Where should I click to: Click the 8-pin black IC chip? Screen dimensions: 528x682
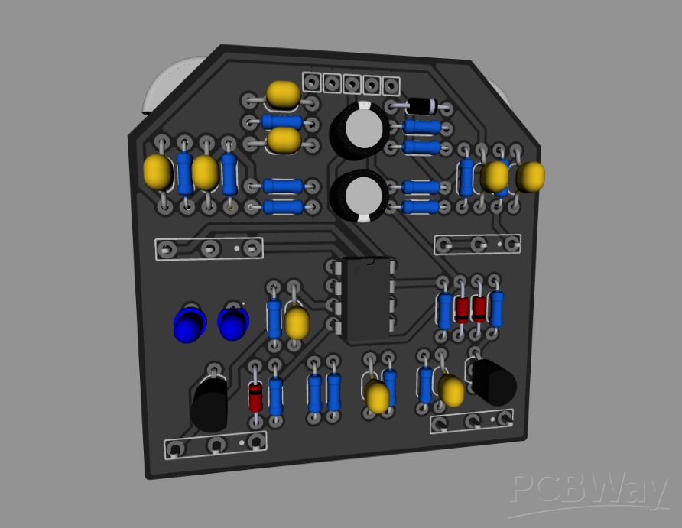pos(365,299)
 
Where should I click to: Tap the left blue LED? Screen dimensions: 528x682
pos(189,325)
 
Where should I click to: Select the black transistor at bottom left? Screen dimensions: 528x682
pos(209,404)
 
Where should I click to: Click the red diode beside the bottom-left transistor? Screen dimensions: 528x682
pos(255,397)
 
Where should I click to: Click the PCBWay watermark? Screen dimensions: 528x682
pos(589,489)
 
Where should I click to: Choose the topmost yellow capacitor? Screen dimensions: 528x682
pos(283,94)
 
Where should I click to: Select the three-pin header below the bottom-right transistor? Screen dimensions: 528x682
pos(473,421)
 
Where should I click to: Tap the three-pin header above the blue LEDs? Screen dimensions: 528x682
pos(209,248)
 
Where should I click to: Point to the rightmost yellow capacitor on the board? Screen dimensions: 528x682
pos(530,177)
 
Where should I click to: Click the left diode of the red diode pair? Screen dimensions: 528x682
pos(461,309)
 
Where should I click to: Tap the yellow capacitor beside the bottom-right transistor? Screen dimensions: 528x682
pos(451,390)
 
